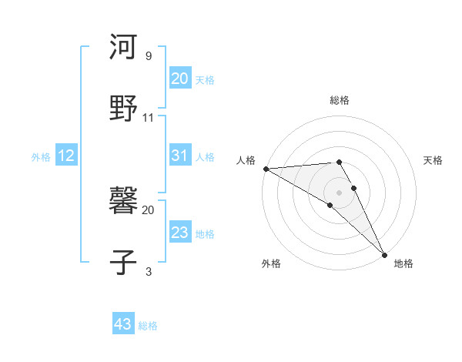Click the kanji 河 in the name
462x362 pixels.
click(x=123, y=47)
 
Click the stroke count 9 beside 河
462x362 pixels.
click(x=148, y=56)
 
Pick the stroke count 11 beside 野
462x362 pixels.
click(x=149, y=118)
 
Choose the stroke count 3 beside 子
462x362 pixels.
click(x=148, y=271)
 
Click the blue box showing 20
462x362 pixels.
click(x=179, y=79)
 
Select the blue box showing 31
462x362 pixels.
click(x=179, y=156)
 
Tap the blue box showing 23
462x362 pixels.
click(x=179, y=233)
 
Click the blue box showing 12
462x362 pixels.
click(x=65, y=156)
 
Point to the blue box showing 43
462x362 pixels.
click(x=122, y=324)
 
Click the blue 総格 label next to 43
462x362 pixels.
click(x=148, y=326)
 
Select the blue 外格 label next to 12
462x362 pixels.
click(x=41, y=157)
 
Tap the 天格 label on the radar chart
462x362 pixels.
click(x=434, y=160)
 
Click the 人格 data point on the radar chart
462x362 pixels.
click(x=266, y=169)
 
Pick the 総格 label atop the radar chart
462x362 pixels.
click(x=340, y=100)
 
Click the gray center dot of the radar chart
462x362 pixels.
click(x=340, y=191)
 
